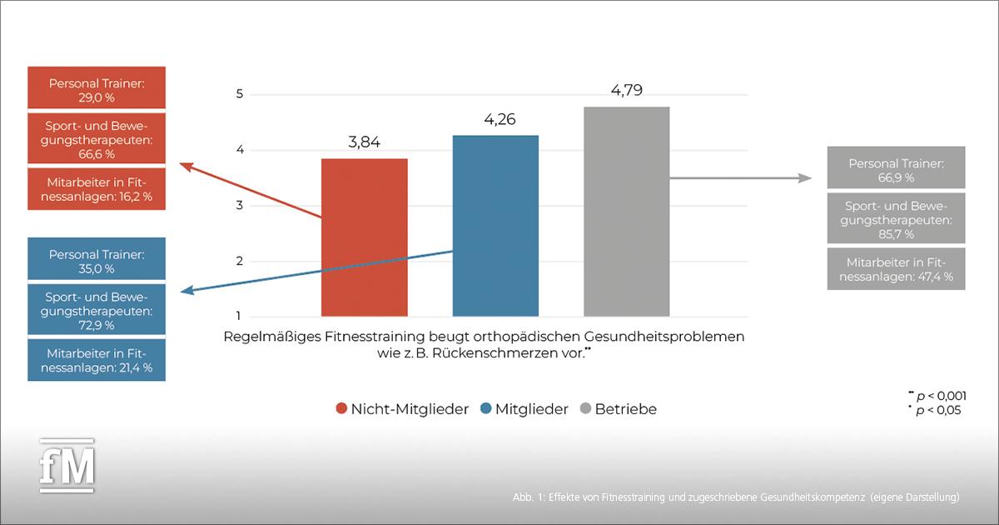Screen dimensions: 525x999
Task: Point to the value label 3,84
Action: click(x=364, y=142)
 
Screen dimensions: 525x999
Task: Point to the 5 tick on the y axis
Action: click(x=240, y=94)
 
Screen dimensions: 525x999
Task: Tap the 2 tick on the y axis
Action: click(x=240, y=261)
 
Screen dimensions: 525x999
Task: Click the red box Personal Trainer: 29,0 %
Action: click(x=96, y=91)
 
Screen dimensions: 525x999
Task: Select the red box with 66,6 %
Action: click(x=96, y=137)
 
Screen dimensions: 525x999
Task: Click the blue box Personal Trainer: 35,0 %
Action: click(x=96, y=261)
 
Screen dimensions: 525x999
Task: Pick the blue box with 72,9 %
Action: click(x=96, y=310)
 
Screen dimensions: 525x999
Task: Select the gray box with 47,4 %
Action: click(x=896, y=268)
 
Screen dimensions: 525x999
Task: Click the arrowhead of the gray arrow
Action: click(x=805, y=178)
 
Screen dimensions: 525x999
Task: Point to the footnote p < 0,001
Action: click(x=939, y=397)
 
